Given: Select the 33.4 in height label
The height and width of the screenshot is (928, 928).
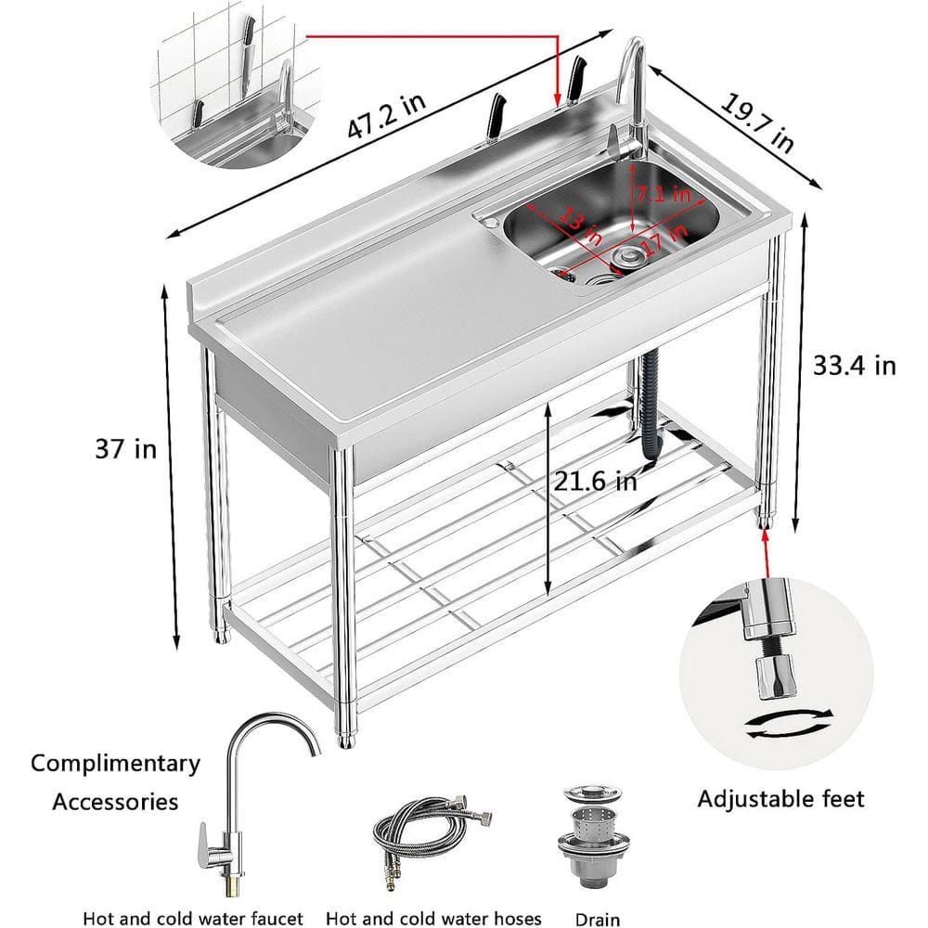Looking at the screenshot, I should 855,366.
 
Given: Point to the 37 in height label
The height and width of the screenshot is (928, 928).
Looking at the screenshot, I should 125,450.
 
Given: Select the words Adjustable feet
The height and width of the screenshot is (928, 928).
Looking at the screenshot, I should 780,798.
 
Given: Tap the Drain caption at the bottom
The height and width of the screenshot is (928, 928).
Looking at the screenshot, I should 596,919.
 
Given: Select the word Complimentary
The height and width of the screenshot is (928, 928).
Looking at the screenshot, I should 115,764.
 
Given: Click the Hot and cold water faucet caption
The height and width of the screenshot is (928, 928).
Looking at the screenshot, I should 193,919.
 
